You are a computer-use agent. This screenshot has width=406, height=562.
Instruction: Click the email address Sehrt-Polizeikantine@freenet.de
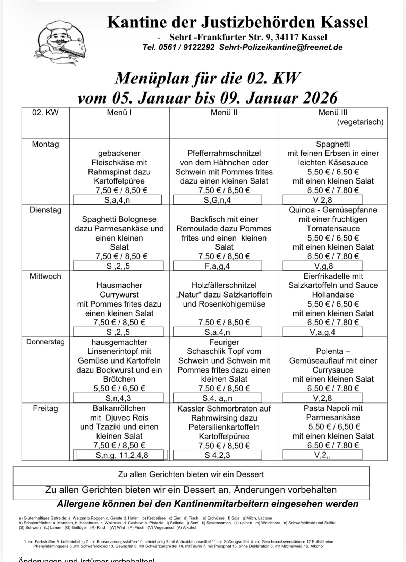(281, 47)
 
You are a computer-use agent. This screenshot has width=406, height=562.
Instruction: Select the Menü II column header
(224, 113)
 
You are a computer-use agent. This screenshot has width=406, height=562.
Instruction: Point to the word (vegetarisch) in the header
(360, 122)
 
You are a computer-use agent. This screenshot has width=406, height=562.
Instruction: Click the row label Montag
(45, 144)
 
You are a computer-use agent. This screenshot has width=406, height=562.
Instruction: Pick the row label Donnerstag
(45, 342)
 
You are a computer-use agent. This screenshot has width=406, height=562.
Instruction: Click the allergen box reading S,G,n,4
(217, 200)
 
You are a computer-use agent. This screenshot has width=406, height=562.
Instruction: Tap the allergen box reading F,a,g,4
(217, 266)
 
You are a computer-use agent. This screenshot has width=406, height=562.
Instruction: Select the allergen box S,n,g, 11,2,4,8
(122, 455)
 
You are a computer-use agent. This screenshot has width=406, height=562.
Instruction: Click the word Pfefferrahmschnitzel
(224, 153)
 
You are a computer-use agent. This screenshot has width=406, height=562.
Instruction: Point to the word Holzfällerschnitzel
(224, 285)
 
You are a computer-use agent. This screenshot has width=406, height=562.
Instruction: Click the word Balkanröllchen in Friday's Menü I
(119, 408)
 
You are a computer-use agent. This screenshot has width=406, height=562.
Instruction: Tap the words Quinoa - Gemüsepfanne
(333, 210)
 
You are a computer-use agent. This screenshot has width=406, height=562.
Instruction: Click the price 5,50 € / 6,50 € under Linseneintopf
(119, 389)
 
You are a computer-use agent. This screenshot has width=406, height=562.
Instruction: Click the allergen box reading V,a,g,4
(322, 332)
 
